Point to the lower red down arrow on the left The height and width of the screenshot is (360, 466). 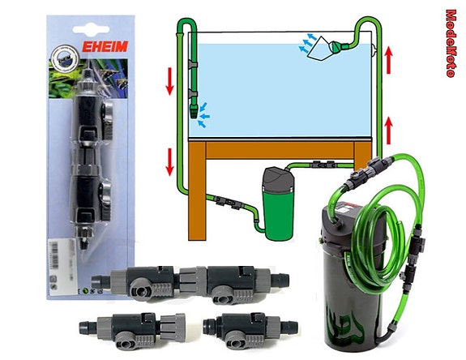coord(169,159)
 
